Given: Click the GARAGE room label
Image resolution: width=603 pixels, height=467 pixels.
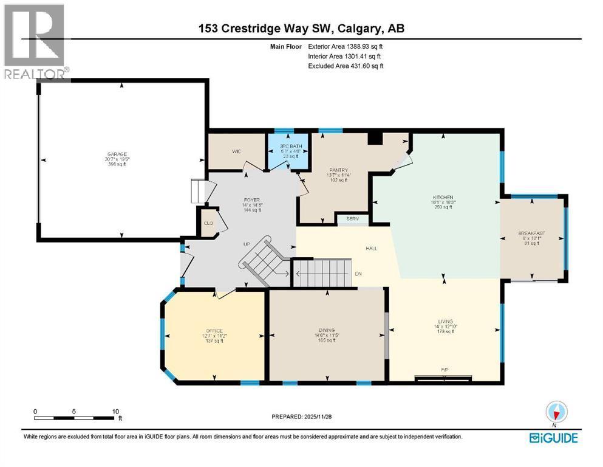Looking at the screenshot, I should pos(122,154).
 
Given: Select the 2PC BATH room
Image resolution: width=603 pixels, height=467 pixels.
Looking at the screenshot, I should pos(289,147).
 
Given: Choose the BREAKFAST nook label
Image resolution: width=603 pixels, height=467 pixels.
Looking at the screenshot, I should pos(531,233).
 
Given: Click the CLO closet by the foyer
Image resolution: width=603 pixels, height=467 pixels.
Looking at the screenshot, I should pos(208,223).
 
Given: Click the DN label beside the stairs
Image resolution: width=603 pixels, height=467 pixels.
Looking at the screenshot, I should pos(359,274).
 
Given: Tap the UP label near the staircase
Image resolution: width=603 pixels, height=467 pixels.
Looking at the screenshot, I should pos(247,244).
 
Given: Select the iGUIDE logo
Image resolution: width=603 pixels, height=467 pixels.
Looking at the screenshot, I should pos(553,438).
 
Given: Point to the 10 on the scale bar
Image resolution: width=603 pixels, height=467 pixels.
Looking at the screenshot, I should pos(115,411).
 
